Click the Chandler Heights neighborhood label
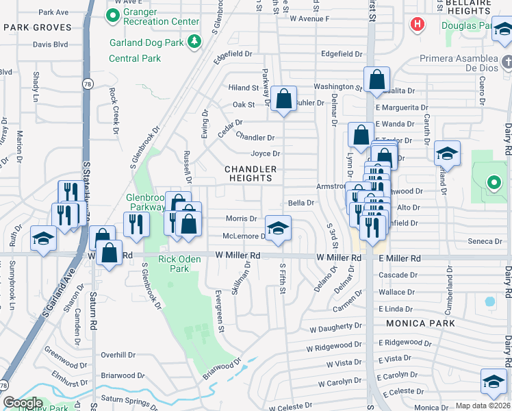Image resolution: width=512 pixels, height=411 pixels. click(251, 173)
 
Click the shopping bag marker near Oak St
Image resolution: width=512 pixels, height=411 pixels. click(283, 99)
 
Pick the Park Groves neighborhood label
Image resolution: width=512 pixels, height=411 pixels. click(37, 27)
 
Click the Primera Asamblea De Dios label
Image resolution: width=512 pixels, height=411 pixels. click(457, 63)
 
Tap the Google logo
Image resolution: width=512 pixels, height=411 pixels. click(23, 403)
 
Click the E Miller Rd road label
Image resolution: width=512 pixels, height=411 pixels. click(398, 258)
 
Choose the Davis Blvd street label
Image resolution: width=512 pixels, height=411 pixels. click(51, 45)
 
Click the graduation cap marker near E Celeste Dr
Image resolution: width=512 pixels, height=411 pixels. click(494, 382)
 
